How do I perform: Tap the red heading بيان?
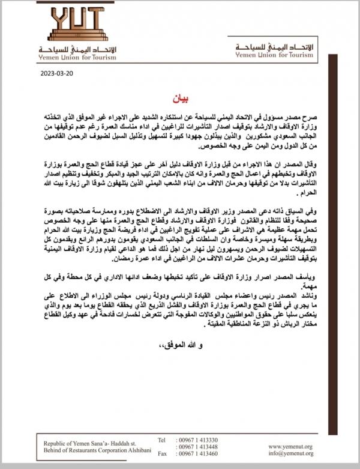(x=179, y=96)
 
